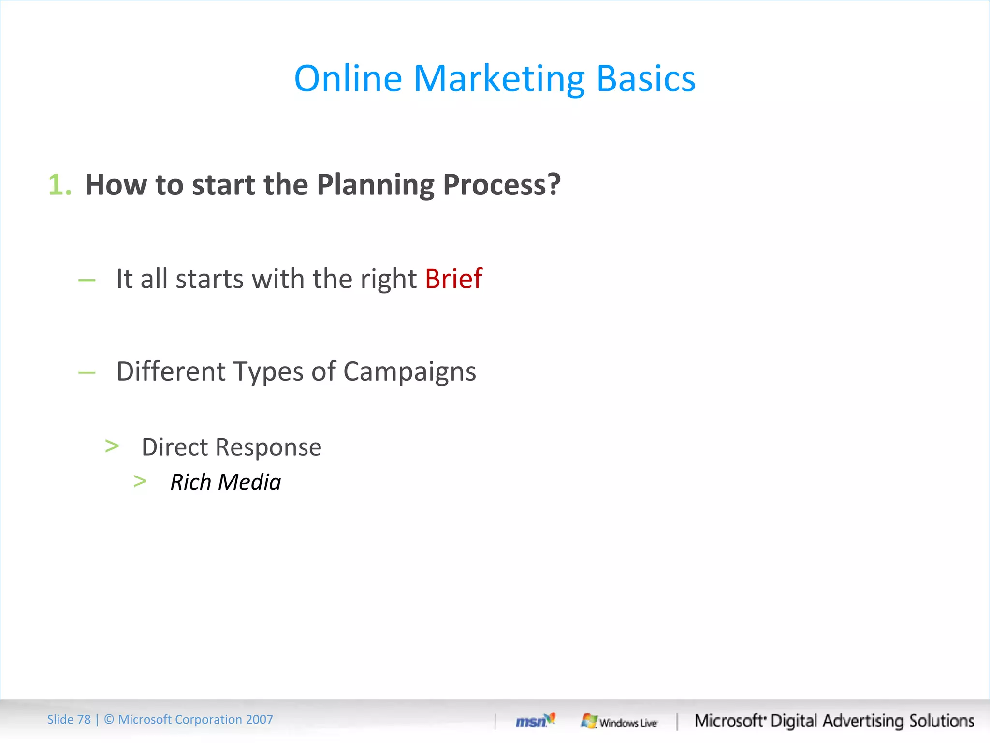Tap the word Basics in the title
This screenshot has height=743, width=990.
(x=646, y=78)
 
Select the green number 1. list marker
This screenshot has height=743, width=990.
(x=60, y=185)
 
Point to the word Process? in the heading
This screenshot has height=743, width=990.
(x=501, y=186)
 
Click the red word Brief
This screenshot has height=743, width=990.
(x=453, y=279)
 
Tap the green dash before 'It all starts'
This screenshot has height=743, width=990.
(x=87, y=280)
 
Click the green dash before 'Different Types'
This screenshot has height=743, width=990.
(x=87, y=372)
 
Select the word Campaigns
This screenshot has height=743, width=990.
(x=409, y=372)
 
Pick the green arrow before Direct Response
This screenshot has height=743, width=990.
(x=112, y=446)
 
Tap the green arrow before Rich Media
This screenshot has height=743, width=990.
(x=140, y=481)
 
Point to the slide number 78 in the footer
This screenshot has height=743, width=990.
(x=84, y=720)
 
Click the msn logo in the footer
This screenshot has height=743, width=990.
(x=535, y=721)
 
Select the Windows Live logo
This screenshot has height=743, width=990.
(x=619, y=722)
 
